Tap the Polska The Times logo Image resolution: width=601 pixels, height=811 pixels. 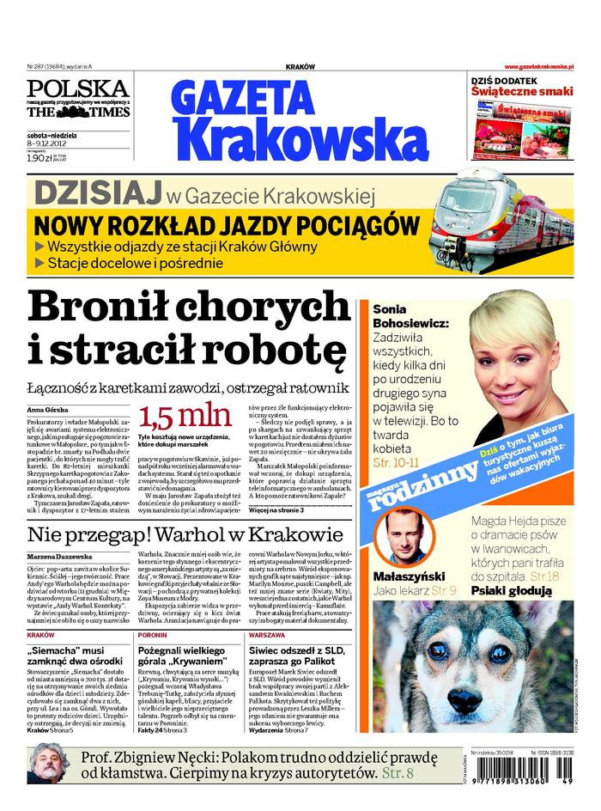pyautogui.click(x=77, y=101)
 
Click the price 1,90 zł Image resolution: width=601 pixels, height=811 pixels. pyautogui.click(x=39, y=158)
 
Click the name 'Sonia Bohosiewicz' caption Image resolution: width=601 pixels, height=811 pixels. pyautogui.click(x=404, y=315)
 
